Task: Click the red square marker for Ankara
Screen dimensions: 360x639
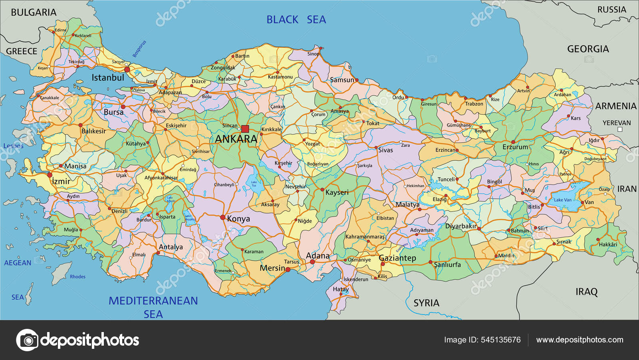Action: click(245, 129)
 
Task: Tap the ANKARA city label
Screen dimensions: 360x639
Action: click(236, 139)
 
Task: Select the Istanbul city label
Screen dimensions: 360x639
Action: click(108, 78)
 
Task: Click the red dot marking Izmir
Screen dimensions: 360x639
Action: click(50, 175)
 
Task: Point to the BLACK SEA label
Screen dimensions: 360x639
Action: click(296, 20)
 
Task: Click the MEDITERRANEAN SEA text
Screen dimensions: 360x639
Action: click(153, 307)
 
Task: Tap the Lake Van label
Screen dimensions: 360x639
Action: click(562, 200)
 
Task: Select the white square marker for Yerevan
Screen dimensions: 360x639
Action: click(620, 129)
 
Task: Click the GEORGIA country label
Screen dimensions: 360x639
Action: click(588, 49)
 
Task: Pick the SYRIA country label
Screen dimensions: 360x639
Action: click(426, 303)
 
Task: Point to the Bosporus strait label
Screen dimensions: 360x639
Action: click(139, 49)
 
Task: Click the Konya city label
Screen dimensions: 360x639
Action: click(238, 219)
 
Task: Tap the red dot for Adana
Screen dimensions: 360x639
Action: click(312, 262)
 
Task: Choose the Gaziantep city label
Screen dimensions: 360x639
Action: click(397, 258)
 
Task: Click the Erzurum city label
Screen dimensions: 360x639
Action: click(515, 147)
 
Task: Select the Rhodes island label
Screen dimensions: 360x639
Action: click(77, 277)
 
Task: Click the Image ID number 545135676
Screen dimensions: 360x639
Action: click(501, 340)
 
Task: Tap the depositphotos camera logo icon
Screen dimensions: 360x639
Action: click(27, 340)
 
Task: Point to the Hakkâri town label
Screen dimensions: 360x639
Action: click(608, 244)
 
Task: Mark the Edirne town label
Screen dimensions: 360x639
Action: click(61, 30)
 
